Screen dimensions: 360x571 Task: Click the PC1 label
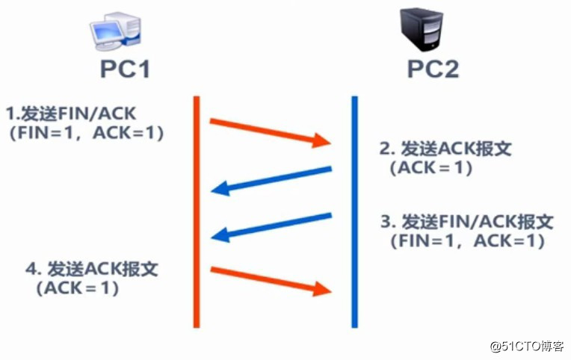pyautogui.click(x=125, y=69)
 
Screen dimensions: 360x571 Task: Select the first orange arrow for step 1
pyautogui.click(x=269, y=130)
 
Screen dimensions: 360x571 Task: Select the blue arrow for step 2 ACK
pyautogui.click(x=272, y=179)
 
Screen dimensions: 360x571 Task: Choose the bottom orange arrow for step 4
pyautogui.click(x=269, y=279)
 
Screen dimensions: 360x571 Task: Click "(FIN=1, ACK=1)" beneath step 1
pyautogui.click(x=87, y=133)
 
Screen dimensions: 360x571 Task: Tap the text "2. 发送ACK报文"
pyautogui.click(x=445, y=149)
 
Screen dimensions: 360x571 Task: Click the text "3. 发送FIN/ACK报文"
pyautogui.click(x=466, y=222)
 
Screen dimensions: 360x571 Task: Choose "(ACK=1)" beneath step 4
pyautogui.click(x=76, y=288)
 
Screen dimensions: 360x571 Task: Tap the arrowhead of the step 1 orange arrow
pyautogui.click(x=322, y=140)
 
